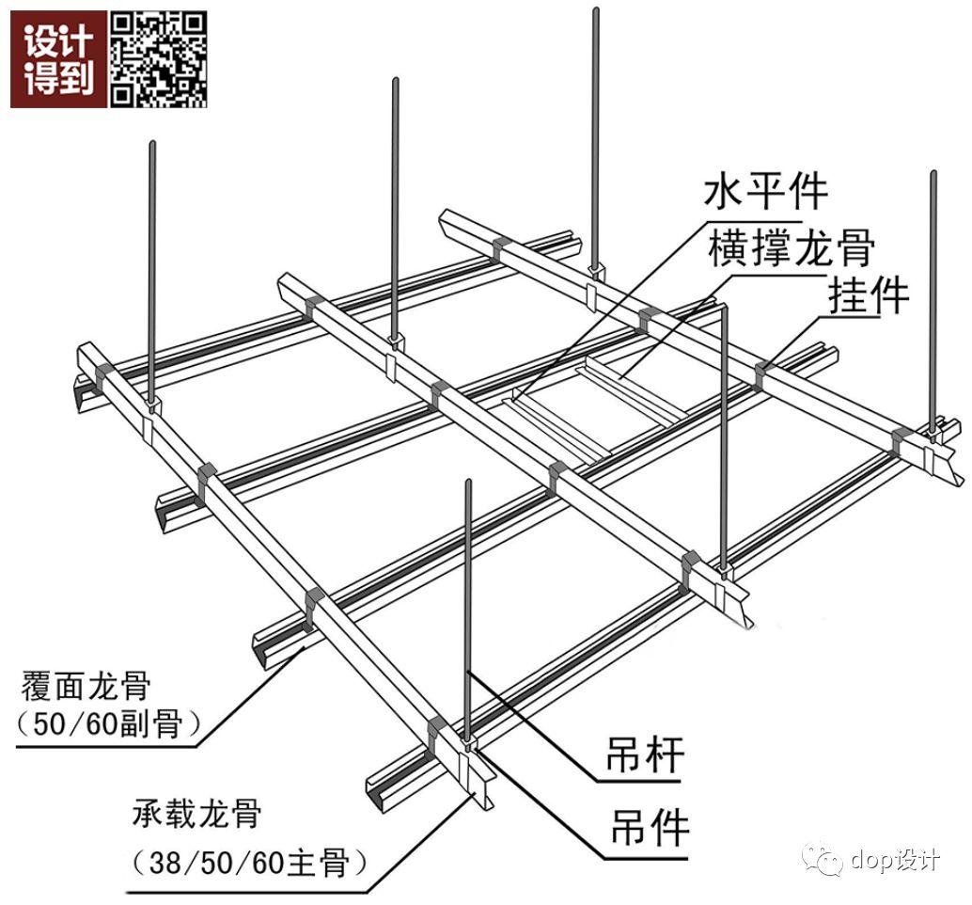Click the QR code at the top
tap(160, 59)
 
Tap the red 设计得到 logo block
tap(58, 59)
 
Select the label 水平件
tap(766, 191)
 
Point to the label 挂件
tap(869, 295)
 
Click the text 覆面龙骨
tap(85, 685)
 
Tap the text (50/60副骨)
tap(111, 723)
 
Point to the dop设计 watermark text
tap(894, 860)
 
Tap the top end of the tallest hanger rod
tap(596, 11)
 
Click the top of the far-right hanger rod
tap(933, 175)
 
